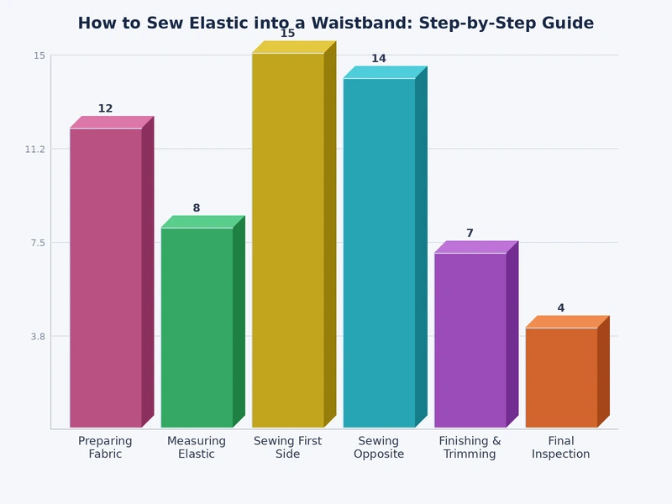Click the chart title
(x=335, y=24)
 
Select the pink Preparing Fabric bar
(x=106, y=277)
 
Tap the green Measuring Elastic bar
(x=197, y=328)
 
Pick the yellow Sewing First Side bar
(x=287, y=239)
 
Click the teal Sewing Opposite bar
(x=379, y=252)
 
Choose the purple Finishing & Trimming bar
(x=470, y=340)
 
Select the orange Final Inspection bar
(x=561, y=378)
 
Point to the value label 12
(x=105, y=108)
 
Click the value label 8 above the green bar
(x=197, y=208)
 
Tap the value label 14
(x=379, y=59)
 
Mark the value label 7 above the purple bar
(x=470, y=234)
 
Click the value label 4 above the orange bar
(x=561, y=308)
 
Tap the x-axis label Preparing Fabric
(x=105, y=448)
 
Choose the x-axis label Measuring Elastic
(x=197, y=448)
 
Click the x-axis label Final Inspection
(x=561, y=448)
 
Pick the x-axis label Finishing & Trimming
(x=470, y=448)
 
